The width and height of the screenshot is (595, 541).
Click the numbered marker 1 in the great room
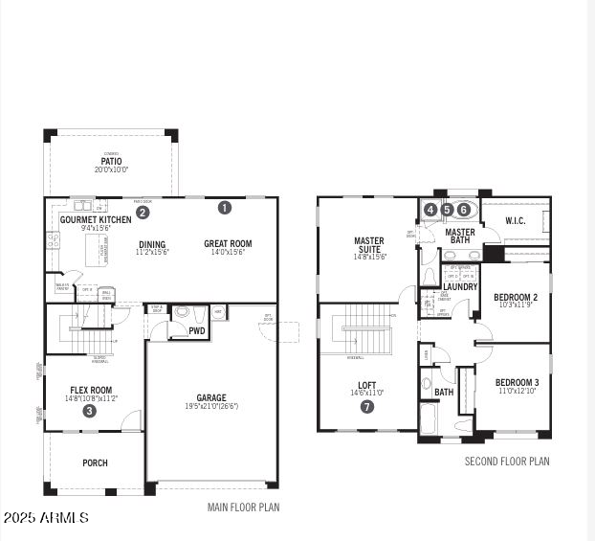[225, 207]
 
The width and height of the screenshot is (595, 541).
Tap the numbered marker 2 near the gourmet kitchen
[142, 213]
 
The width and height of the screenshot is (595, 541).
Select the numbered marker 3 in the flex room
[89, 411]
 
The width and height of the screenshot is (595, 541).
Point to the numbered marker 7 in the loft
[367, 406]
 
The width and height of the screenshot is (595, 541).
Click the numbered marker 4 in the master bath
[430, 210]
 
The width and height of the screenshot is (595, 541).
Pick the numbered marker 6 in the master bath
[464, 210]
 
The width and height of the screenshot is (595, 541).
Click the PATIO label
[112, 161]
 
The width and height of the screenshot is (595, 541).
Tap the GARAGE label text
[211, 397]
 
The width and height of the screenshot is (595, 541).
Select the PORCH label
[95, 462]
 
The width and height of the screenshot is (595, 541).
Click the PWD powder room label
[197, 331]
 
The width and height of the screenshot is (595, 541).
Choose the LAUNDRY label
[460, 286]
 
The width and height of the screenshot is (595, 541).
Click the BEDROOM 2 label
[516, 298]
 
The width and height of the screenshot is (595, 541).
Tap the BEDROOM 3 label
[517, 382]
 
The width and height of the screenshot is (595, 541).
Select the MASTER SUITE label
[369, 245]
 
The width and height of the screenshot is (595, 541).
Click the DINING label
[152, 243]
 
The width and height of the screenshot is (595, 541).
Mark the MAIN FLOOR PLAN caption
[244, 507]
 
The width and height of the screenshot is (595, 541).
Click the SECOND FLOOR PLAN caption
[507, 462]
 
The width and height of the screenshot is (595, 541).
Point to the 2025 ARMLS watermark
[46, 518]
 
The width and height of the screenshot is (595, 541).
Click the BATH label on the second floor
[444, 392]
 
